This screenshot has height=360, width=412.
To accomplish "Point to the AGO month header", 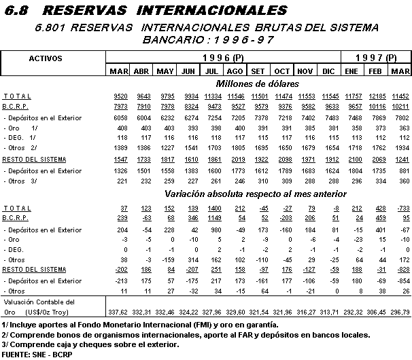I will tap(235, 71).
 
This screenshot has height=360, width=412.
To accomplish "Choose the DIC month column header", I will tap(329, 71).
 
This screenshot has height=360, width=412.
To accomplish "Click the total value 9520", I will tap(118, 96).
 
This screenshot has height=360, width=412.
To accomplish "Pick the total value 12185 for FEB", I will tap(376, 96).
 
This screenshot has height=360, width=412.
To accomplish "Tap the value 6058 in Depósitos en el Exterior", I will tap(118, 118).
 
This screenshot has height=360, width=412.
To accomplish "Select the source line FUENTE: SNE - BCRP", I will tap(38, 355).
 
